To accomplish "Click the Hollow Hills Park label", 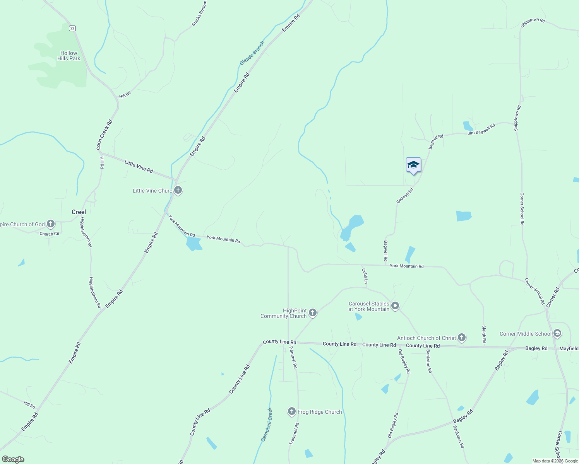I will point(69,56).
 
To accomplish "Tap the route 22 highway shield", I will point(72,28).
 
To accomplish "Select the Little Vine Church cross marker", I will point(178,190).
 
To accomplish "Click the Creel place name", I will point(79,212).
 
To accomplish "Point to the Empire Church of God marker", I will point(51,224).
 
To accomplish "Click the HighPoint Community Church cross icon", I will point(313,313).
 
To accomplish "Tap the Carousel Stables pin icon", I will point(395,306).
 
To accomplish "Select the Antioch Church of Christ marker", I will point(461,338).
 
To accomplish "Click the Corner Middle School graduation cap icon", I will point(557,333).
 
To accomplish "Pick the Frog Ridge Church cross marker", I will point(292,411).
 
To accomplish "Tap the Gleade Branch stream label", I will point(252,53).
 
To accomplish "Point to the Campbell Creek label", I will point(266,424).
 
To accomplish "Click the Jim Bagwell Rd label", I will point(481,130).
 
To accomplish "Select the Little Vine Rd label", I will point(139,167).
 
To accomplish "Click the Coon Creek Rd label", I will point(104,135).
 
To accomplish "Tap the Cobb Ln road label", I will point(365,276).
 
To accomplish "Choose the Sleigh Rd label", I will point(484,334).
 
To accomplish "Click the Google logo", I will point(13,459).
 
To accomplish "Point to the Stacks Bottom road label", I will point(199,14).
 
